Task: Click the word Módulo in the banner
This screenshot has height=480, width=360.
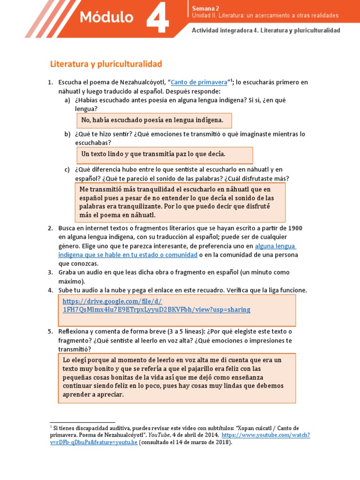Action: (x=106, y=18)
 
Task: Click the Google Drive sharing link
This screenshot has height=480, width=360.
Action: (x=156, y=305)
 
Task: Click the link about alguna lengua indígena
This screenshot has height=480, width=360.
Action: (x=275, y=246)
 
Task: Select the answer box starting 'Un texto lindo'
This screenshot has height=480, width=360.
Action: (x=165, y=154)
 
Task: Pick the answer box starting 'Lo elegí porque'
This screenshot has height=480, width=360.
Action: (x=177, y=377)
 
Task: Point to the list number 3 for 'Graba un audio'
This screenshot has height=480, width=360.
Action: (x=50, y=272)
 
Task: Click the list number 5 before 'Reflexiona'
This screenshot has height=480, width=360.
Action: (x=50, y=331)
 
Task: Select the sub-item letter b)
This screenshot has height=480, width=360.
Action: (x=67, y=134)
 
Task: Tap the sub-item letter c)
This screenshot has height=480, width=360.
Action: (x=67, y=169)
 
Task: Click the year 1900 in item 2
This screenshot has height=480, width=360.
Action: (x=295, y=228)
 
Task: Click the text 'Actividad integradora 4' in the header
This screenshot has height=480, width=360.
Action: (x=224, y=30)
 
